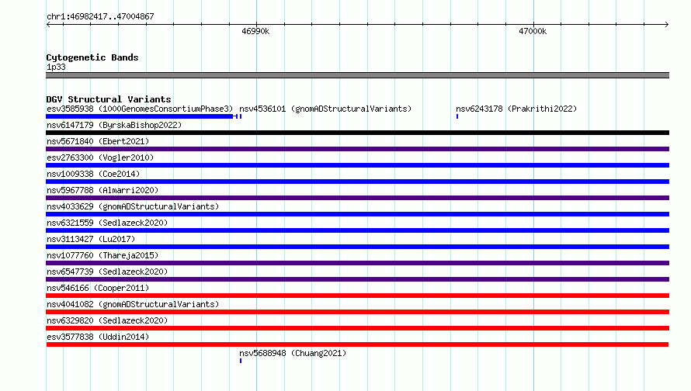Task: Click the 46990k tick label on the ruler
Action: point(255,32)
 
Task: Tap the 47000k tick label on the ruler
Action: point(533,32)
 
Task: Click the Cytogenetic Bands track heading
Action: point(92,57)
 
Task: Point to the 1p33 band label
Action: point(56,67)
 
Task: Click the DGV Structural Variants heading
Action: point(109,99)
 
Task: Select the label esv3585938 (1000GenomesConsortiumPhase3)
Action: point(140,109)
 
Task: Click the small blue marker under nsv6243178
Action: point(457,116)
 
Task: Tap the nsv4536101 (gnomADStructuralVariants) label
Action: point(325,109)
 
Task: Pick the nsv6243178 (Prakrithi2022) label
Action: point(516,109)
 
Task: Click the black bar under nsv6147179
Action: point(357,133)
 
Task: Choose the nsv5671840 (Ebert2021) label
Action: point(98,141)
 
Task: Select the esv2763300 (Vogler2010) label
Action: point(100,157)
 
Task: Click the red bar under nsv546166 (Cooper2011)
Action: point(357,296)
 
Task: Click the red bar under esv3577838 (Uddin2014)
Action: point(357,344)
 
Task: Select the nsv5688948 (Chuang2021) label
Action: point(293,353)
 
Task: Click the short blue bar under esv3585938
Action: point(140,116)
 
